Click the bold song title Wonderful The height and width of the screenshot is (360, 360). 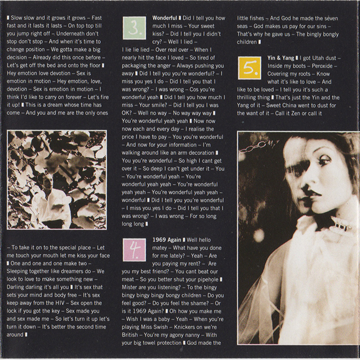(164, 18)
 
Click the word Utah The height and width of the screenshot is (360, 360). (317, 57)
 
